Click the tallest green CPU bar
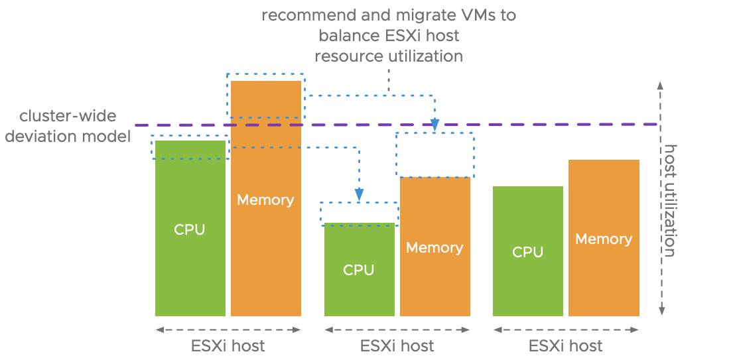click(x=190, y=265)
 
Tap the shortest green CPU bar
click(x=359, y=292)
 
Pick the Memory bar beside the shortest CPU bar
click(x=434, y=278)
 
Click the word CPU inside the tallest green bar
click(x=190, y=230)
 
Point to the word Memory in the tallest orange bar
click(x=265, y=200)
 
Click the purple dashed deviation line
click(x=531, y=124)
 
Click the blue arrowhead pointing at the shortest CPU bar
click(x=359, y=194)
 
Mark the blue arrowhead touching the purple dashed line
click(x=434, y=124)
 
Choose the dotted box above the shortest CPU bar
click(x=359, y=212)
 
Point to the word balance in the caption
click(x=344, y=36)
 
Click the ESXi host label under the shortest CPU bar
click(x=397, y=345)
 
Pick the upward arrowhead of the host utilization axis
click(x=660, y=84)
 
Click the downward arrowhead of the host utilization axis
click(x=660, y=310)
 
